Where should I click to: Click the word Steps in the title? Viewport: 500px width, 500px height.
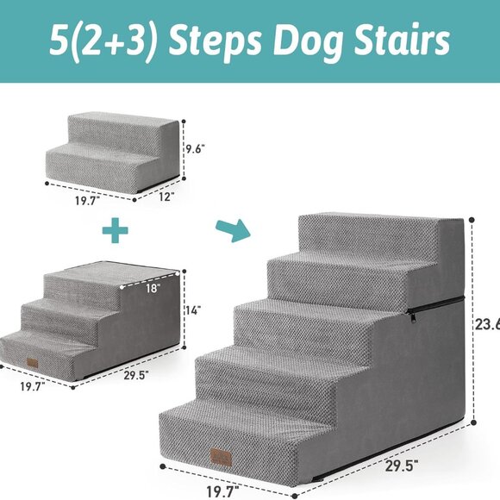[x=221, y=40]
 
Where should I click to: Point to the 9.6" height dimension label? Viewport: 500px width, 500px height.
[x=197, y=148]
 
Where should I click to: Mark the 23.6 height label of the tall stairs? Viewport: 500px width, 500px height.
[x=487, y=324]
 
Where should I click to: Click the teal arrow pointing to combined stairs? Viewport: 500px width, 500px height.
[x=233, y=229]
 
